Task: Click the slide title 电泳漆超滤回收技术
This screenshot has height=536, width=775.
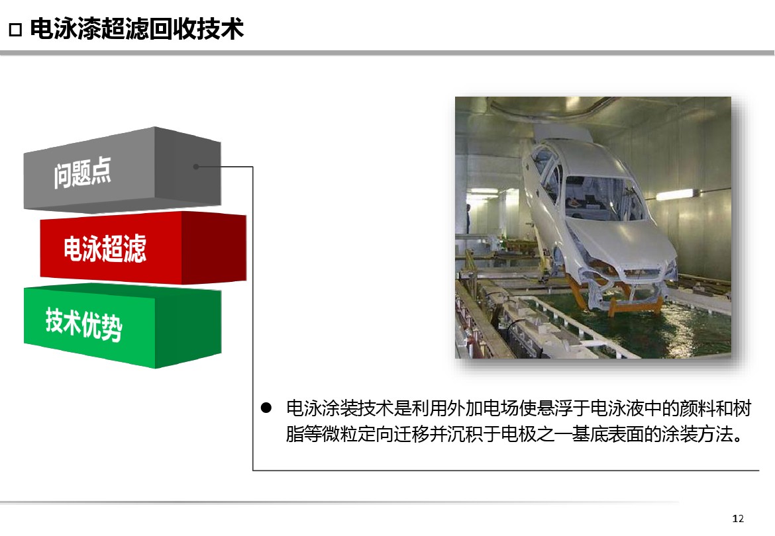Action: pyautogui.click(x=137, y=28)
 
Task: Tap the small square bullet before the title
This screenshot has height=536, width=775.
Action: pyautogui.click(x=15, y=30)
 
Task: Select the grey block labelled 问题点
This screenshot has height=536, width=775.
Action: pyautogui.click(x=122, y=169)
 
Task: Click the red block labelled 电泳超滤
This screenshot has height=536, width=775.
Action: pyautogui.click(x=143, y=247)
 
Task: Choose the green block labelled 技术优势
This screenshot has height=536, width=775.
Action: pyautogui.click(x=122, y=326)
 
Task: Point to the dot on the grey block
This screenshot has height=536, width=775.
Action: pyautogui.click(x=195, y=167)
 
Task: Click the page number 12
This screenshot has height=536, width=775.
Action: pyautogui.click(x=738, y=518)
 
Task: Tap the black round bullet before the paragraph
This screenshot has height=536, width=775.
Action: pyautogui.click(x=266, y=408)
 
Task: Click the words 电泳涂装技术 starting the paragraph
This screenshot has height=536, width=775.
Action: pyautogui.click(x=340, y=408)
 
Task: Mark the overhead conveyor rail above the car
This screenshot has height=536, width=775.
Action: pyautogui.click(x=554, y=110)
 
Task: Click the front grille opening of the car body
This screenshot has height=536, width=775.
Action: pyautogui.click(x=642, y=273)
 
